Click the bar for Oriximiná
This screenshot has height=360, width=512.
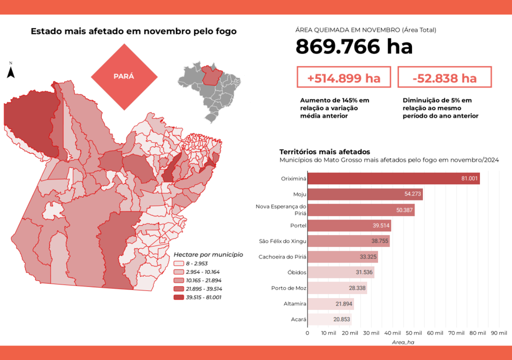tap(393, 178)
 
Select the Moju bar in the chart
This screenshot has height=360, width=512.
tap(364, 194)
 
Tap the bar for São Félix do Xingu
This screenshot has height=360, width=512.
tap(348, 241)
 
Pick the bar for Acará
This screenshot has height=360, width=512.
tap(329, 319)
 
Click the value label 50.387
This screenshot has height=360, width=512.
tap(404, 210)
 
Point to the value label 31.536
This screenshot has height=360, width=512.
tap(364, 272)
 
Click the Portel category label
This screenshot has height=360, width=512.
tap(298, 225)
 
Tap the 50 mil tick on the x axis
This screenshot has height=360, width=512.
tap(413, 332)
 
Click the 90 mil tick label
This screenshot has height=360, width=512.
tap(498, 332)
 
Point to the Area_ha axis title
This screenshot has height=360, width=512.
tap(402, 342)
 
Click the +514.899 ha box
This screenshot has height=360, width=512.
tap(343, 78)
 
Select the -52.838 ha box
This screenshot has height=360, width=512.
tap(444, 78)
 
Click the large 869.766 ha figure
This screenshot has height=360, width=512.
tap(354, 47)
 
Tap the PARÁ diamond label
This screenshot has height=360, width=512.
tap(123, 76)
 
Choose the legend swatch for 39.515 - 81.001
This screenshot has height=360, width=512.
tap(178, 297)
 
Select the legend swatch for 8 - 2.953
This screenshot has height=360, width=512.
tap(178, 263)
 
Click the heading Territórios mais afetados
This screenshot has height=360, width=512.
tap(324, 151)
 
